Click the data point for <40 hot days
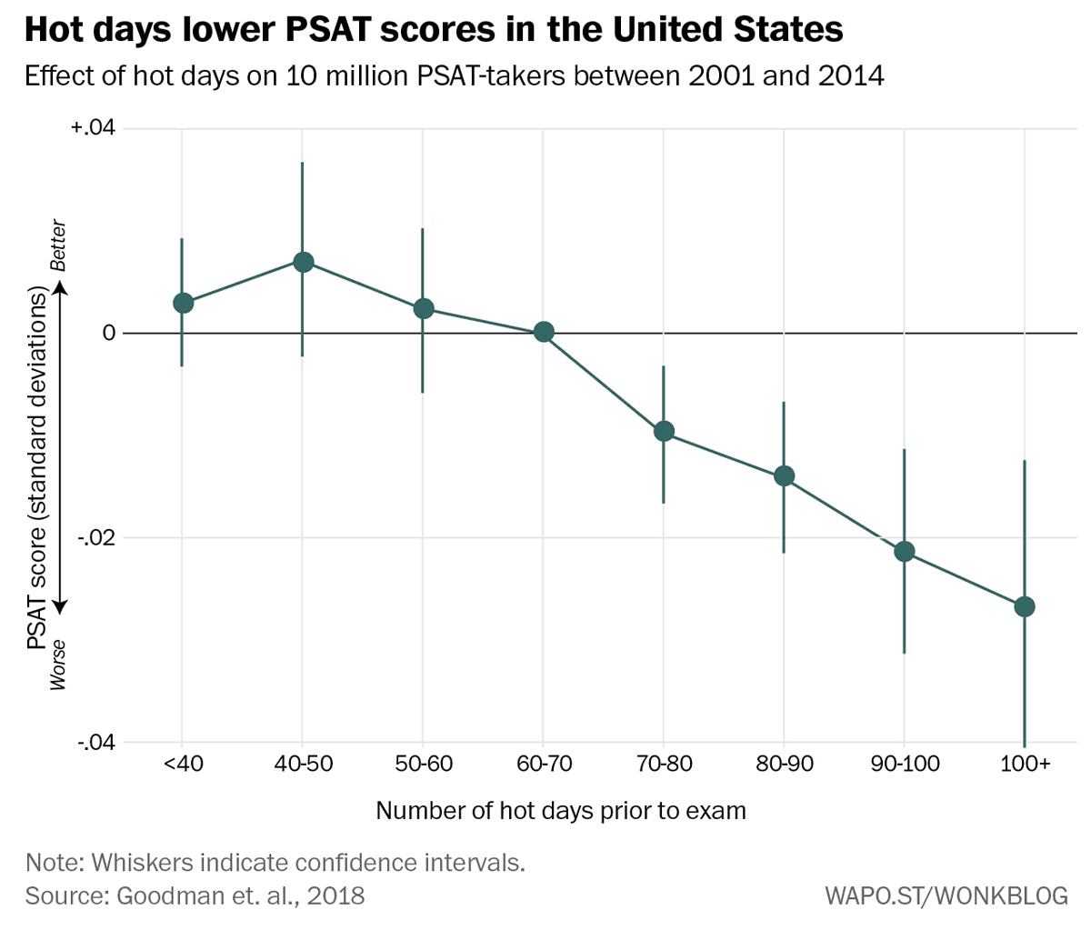point(183,303)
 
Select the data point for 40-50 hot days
point(303,262)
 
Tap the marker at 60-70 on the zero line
point(544,332)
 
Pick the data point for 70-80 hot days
point(664,431)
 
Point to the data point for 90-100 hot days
point(904,551)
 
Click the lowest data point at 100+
point(1025,606)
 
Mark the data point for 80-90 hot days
point(784,475)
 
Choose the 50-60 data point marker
point(423,308)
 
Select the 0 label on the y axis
point(108,333)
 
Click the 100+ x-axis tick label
point(1025,764)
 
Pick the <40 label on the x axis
point(183,764)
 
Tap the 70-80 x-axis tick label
point(664,764)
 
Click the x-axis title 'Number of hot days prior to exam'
point(561,810)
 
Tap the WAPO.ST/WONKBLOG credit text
point(946,895)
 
